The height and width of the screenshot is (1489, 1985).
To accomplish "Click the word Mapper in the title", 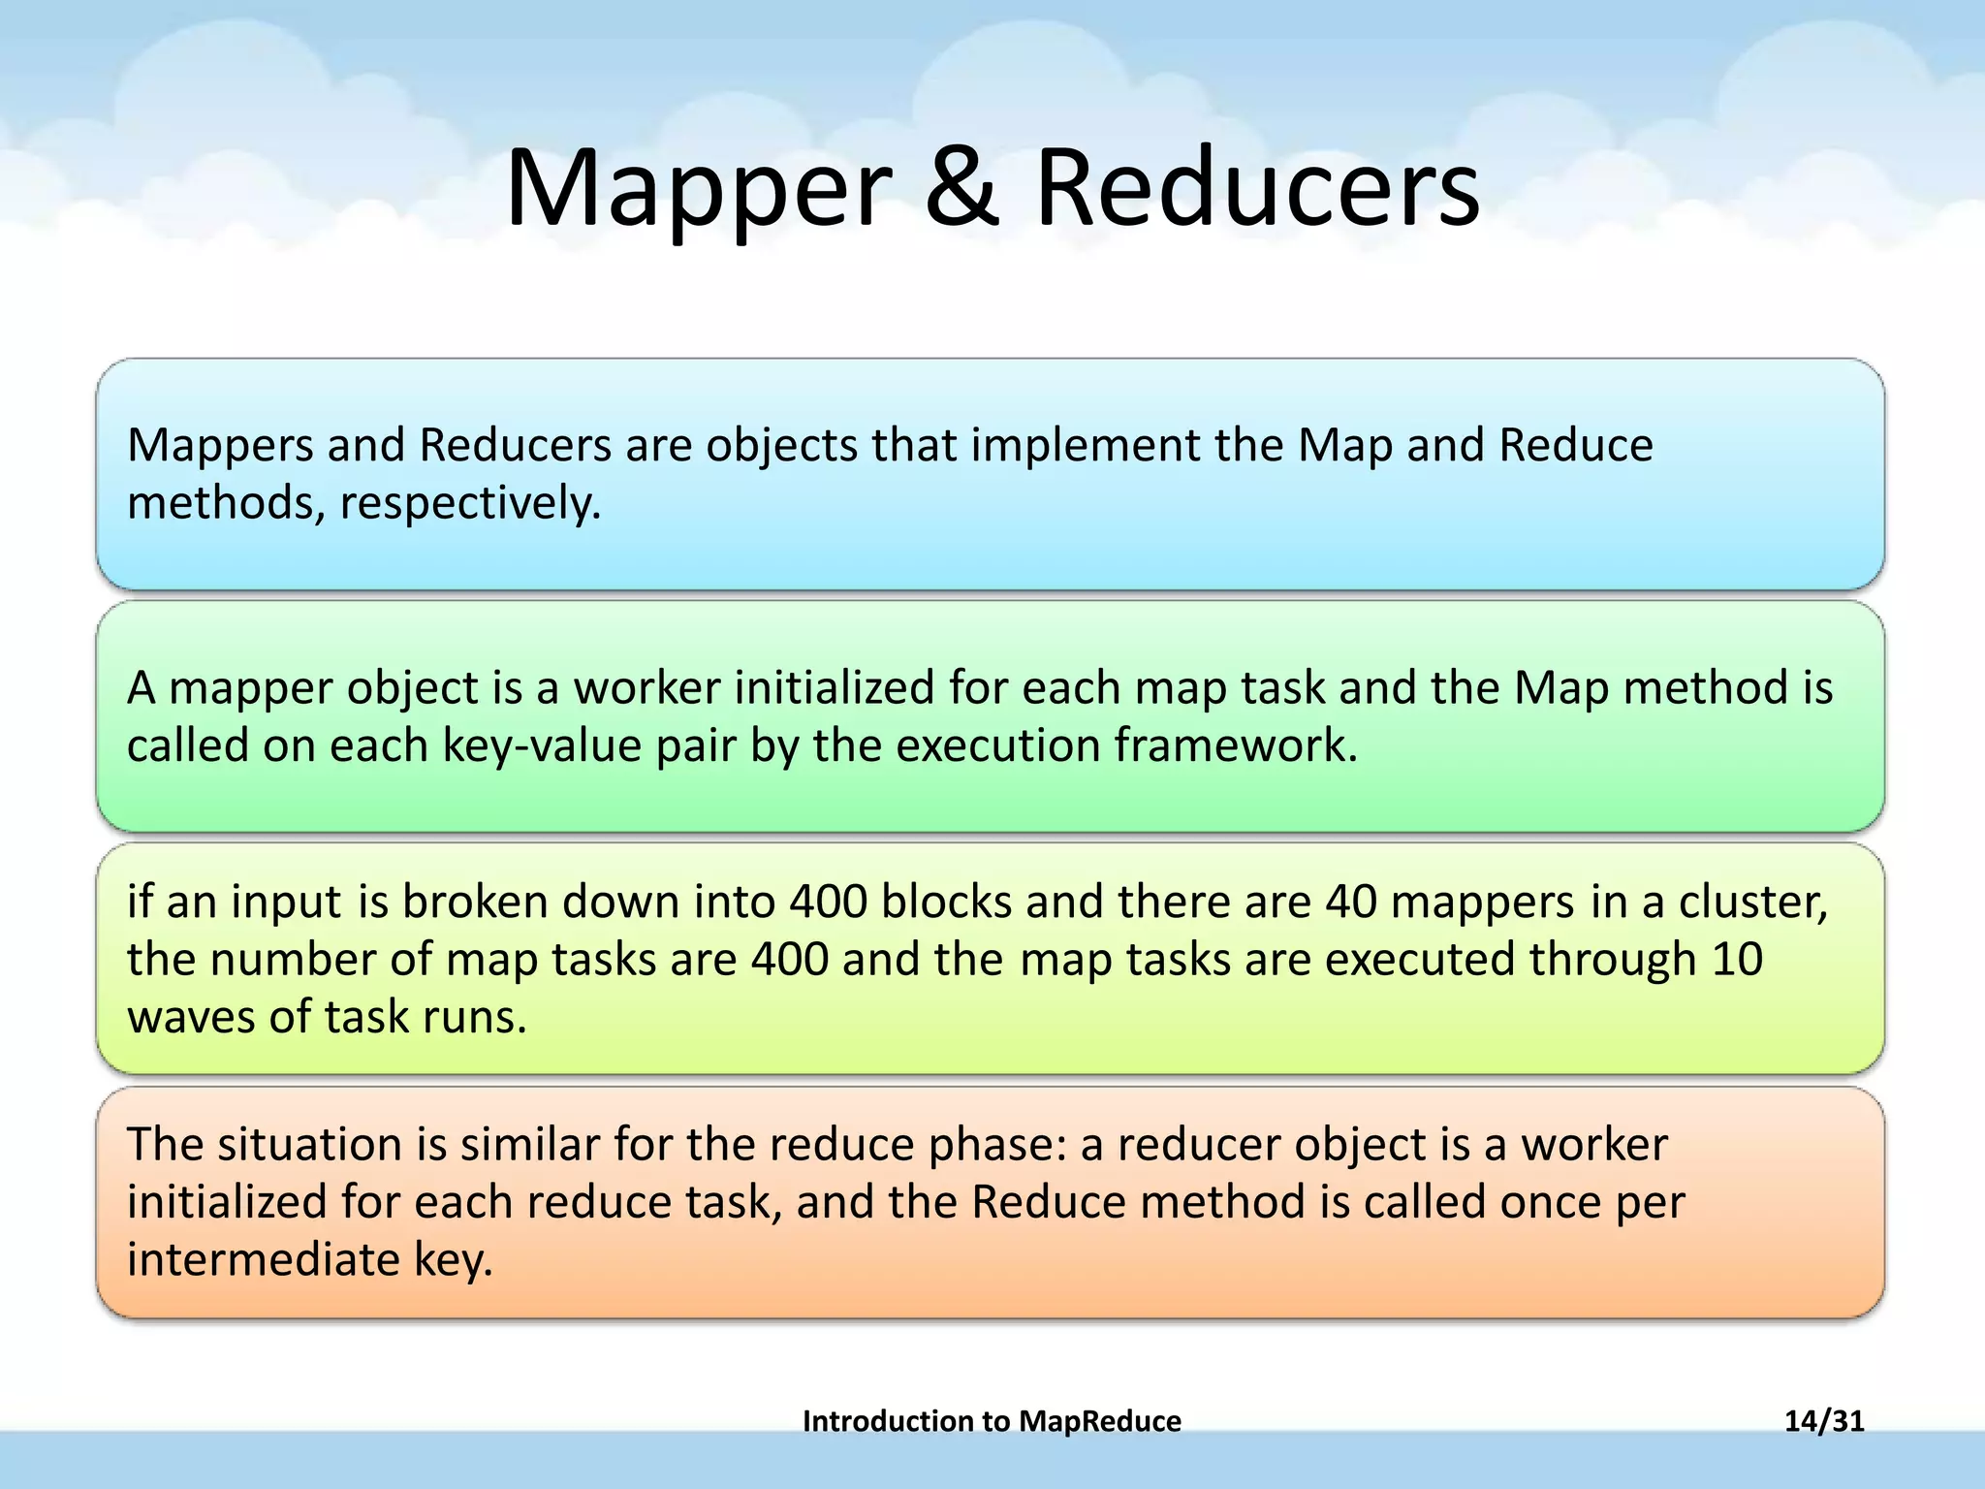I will (698, 189).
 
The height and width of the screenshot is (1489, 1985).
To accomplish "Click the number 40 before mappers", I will (1351, 903).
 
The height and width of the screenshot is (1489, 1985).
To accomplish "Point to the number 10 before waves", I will (1737, 960).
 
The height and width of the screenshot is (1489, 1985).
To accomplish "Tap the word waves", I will (191, 1018).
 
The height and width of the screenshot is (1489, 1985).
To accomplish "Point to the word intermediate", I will (263, 1260).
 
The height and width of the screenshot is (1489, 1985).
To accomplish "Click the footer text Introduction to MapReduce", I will (992, 1421).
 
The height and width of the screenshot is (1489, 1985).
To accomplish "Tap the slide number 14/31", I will (1824, 1421).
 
